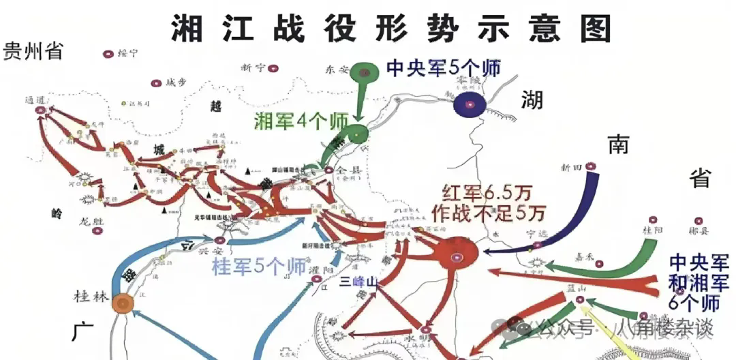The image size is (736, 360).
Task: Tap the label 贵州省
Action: click(33, 51)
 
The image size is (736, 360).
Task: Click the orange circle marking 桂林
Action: click(123, 303)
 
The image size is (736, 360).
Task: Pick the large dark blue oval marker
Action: click(471, 104)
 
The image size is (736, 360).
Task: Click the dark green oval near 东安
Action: click(367, 72)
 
